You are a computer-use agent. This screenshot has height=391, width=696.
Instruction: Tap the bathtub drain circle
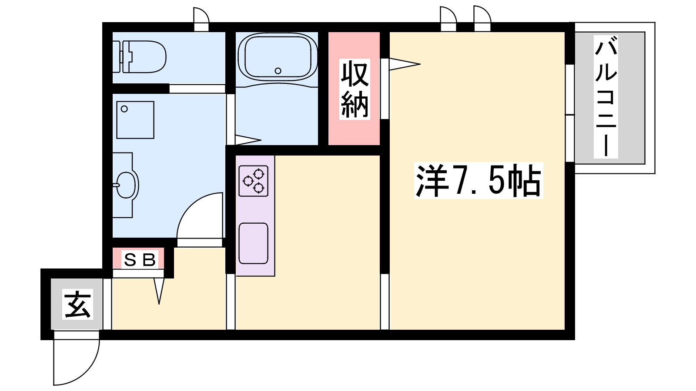tap(278, 71)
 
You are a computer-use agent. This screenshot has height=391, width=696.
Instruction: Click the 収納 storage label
tap(355, 89)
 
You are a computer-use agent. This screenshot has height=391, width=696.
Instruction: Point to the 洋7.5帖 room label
tap(478, 181)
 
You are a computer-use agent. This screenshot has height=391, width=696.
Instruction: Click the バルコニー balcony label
tap(606, 97)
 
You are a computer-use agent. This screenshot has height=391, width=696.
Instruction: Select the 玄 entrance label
tap(78, 304)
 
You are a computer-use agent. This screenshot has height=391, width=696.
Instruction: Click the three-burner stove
tap(253, 181)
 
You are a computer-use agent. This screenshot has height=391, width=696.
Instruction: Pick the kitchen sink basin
tap(253, 243)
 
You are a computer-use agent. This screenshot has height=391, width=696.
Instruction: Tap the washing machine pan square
tap(135, 120)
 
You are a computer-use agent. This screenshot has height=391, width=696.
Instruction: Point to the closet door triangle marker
tap(405, 64)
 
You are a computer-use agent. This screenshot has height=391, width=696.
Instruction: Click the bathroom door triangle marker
tap(248, 140)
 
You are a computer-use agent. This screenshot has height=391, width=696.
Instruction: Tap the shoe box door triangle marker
tap(159, 291)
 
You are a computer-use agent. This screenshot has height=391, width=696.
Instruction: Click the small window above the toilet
tap(201, 19)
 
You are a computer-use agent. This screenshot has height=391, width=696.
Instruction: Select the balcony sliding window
tap(569, 113)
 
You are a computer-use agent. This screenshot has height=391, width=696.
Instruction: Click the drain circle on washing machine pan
tap(124, 109)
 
